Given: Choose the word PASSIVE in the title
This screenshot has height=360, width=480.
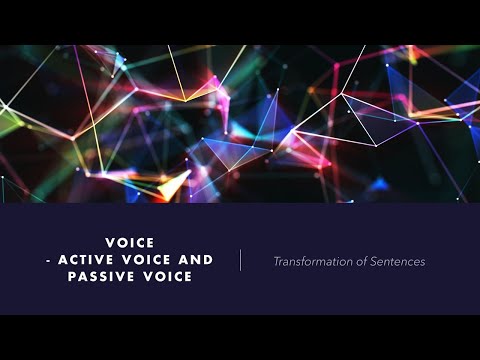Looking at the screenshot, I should tap(104, 275).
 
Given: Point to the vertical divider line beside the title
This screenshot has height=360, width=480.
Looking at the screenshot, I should tap(241, 260).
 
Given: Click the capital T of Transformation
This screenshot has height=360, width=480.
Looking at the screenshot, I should tap(277, 262).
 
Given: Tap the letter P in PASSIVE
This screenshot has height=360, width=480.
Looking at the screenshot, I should tap(73, 275).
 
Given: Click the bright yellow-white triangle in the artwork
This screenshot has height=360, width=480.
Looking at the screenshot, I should tap(173, 184).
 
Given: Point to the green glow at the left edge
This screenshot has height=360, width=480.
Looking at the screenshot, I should tap(8, 122).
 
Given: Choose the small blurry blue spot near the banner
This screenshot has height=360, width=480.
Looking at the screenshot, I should tap(379, 184).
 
